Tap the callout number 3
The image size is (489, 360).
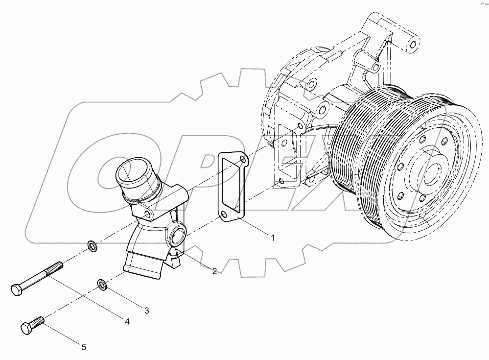146,310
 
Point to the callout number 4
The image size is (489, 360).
127,322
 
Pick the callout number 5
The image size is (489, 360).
84,347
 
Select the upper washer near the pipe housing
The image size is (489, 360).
92,245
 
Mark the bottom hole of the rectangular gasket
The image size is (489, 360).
223,216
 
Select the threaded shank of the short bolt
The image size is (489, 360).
38,321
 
